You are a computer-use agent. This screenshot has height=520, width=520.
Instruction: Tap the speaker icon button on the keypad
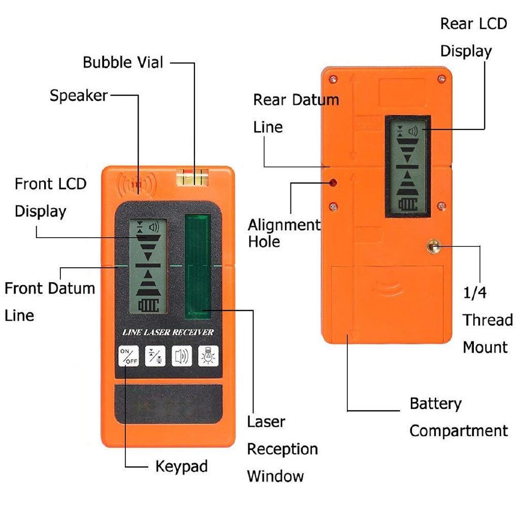(x=181, y=355)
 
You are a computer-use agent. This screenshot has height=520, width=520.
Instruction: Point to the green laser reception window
(x=198, y=267)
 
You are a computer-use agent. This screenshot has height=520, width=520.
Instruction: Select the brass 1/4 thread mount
(x=433, y=247)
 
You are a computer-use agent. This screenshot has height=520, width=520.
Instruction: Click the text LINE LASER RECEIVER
(x=168, y=333)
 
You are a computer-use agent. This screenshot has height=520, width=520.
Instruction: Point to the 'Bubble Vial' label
(x=123, y=62)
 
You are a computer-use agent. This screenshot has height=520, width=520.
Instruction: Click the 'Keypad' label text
(x=181, y=466)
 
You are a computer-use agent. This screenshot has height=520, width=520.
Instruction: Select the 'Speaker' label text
(x=79, y=95)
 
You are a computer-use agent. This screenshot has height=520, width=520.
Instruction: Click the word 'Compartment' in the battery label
(x=458, y=431)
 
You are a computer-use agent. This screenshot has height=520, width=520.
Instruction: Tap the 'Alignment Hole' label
(x=283, y=233)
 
